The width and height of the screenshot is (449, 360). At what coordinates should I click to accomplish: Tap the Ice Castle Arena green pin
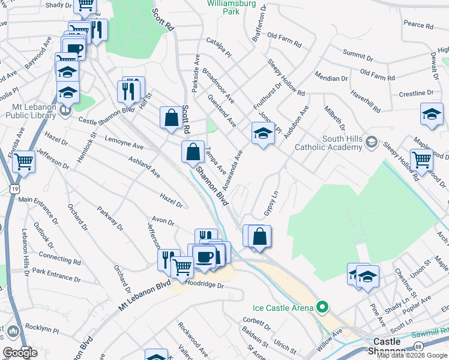coord(322,307)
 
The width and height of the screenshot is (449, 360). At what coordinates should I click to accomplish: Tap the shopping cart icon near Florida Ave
coord(23,161)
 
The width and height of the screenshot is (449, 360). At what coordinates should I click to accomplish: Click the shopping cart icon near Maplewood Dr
coord(422,160)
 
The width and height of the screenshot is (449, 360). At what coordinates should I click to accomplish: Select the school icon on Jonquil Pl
coord(262,133)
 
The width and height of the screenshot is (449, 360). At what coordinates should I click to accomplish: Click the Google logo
coord(20,353)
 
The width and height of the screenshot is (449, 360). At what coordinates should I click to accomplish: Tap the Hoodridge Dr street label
coord(205,285)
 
